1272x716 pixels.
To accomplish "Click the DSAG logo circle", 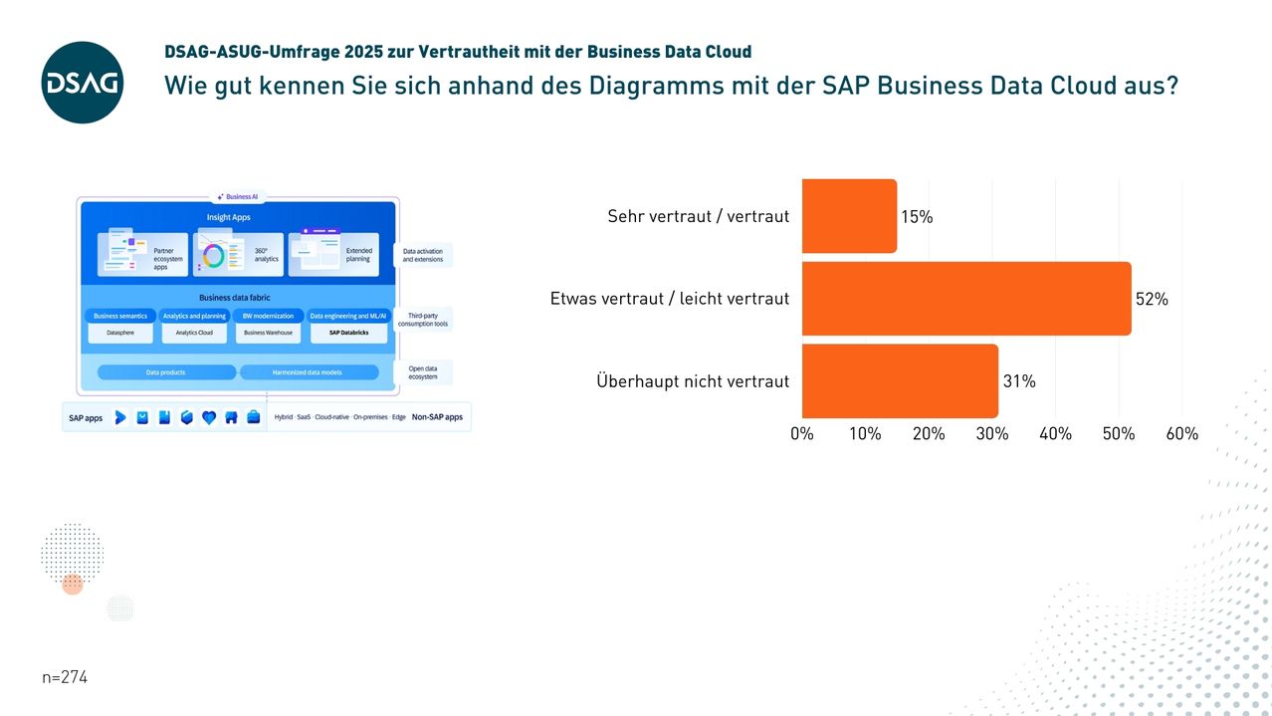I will pyautogui.click(x=83, y=83).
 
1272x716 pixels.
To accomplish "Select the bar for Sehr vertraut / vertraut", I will pyautogui.click(x=849, y=216).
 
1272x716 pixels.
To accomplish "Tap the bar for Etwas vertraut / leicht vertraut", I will pyautogui.click(x=965, y=299).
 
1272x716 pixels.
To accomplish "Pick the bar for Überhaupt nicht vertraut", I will pyautogui.click(x=900, y=381).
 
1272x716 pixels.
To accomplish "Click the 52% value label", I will pyautogui.click(x=1152, y=299).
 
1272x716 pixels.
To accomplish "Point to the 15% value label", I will pyautogui.click(x=917, y=216).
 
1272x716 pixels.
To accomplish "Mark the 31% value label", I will pyautogui.click(x=1019, y=381).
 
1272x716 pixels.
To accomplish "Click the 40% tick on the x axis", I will pyautogui.click(x=1055, y=434).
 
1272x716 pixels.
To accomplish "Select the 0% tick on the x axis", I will pyautogui.click(x=802, y=434).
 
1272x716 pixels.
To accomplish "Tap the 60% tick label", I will pyautogui.click(x=1181, y=434).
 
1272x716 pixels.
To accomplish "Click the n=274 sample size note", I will pyautogui.click(x=66, y=677).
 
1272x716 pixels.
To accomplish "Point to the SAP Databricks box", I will pyautogui.click(x=347, y=333).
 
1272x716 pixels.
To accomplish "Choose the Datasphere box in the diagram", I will pyautogui.click(x=120, y=333).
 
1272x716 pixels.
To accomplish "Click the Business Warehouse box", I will pyautogui.click(x=268, y=333).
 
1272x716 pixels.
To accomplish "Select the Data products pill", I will pyautogui.click(x=166, y=372).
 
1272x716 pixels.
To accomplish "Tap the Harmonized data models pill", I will pyautogui.click(x=308, y=372).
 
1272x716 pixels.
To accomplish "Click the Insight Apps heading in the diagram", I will pyautogui.click(x=229, y=217).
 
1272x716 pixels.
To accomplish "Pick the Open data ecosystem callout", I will pyautogui.click(x=423, y=372).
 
